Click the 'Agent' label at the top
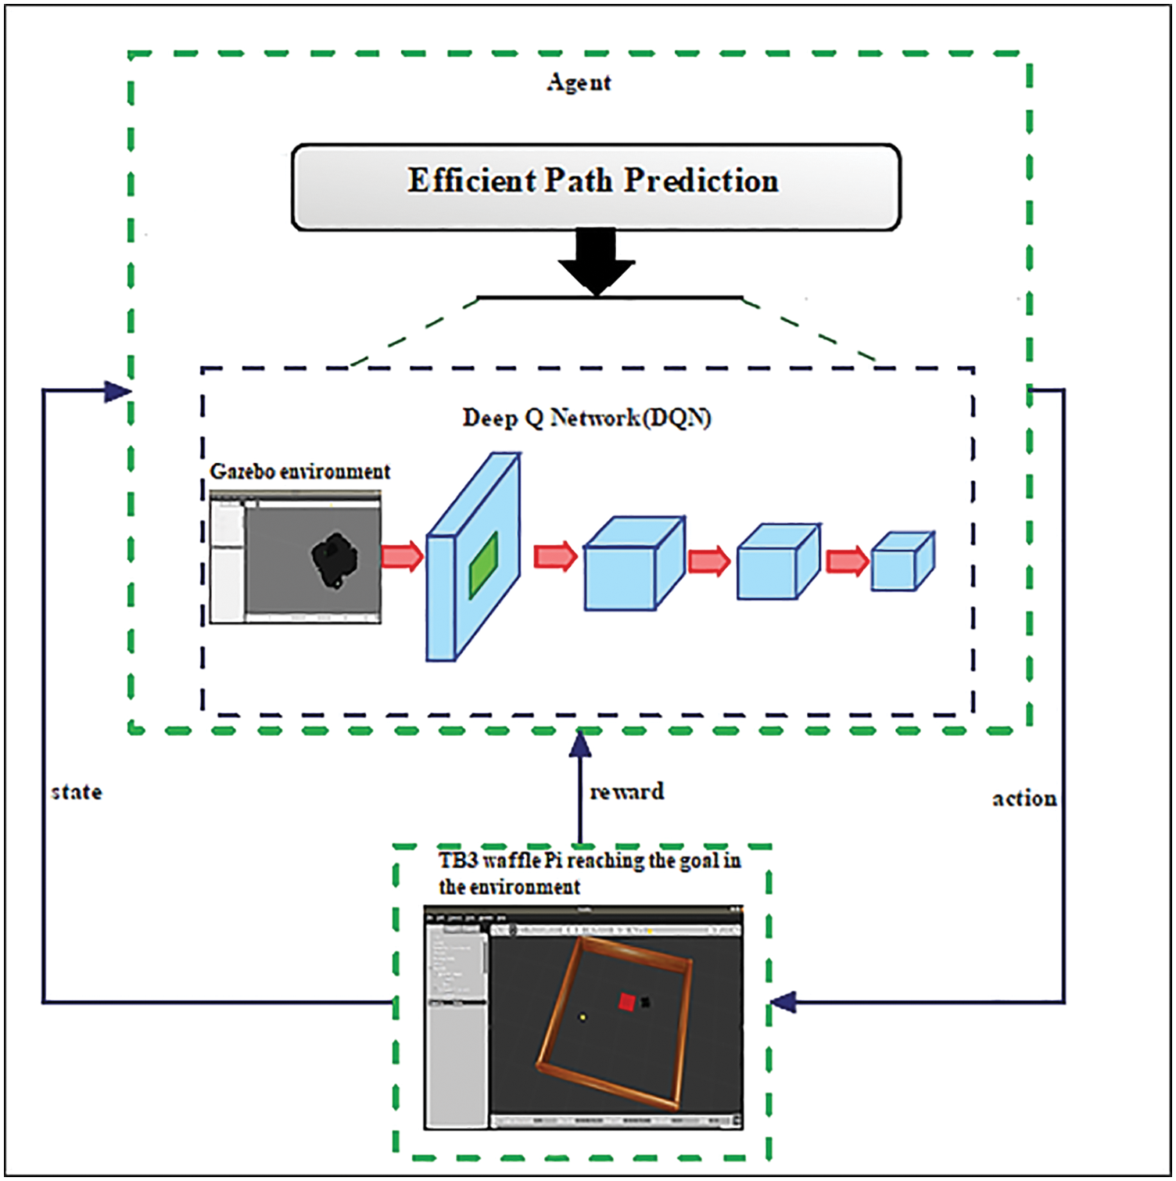coord(579,82)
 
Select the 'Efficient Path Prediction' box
coord(595,186)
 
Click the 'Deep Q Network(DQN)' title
coord(586,418)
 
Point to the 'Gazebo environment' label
coord(299,472)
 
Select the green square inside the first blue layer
coord(483,565)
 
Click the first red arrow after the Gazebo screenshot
coord(402,556)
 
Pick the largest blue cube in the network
coord(633,563)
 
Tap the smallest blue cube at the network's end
coord(902,561)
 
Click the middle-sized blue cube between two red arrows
coord(778,562)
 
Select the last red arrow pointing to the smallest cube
coord(848,561)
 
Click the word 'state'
coord(77,792)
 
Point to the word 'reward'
coord(627,792)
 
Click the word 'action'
coord(1024,799)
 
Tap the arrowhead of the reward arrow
coord(580,743)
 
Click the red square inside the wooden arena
coord(627,1002)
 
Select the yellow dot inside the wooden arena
coord(583,1017)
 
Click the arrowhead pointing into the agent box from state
coord(117,391)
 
